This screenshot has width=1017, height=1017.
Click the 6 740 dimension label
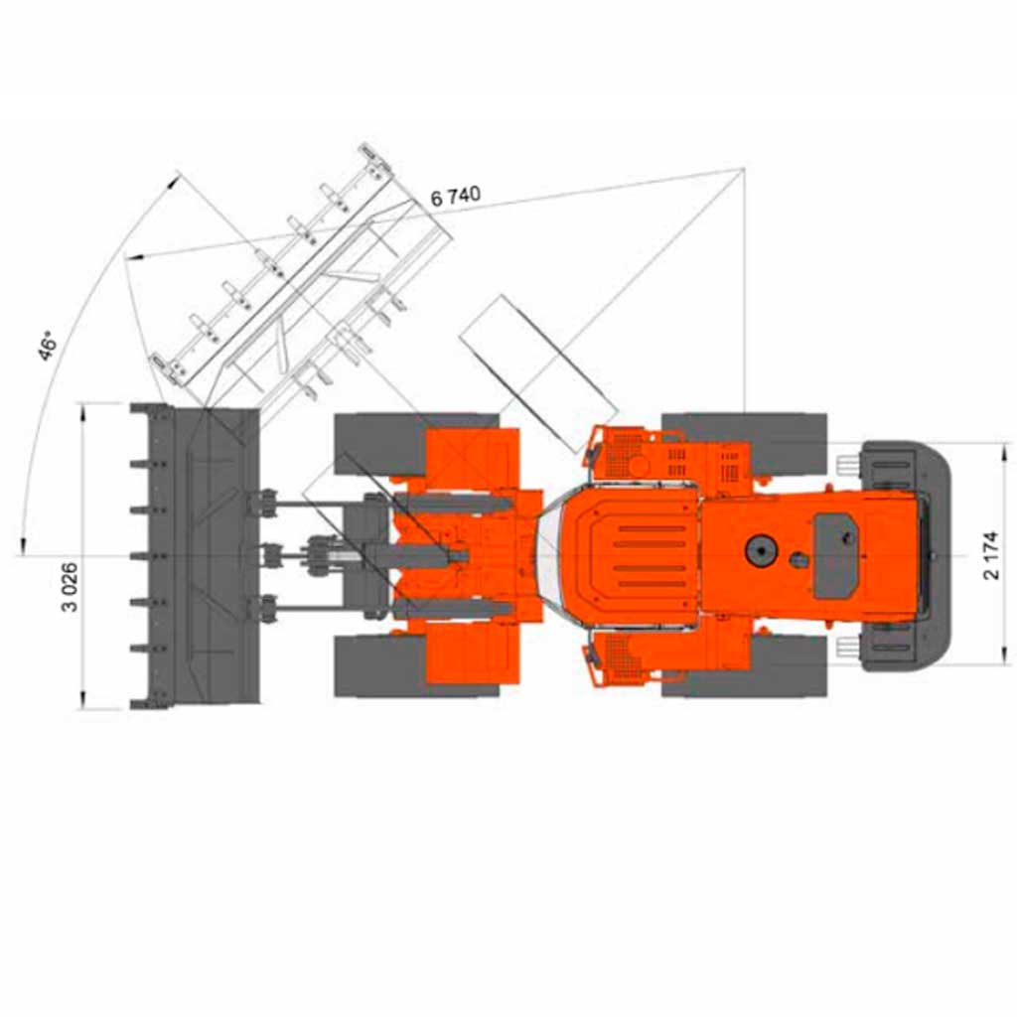point(456,196)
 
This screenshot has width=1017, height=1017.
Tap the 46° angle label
point(48,347)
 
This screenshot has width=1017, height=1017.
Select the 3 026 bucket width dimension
point(70,587)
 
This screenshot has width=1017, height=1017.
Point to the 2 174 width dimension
point(991,556)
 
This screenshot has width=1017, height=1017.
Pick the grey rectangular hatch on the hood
point(835,556)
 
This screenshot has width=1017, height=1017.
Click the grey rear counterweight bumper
point(908,556)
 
